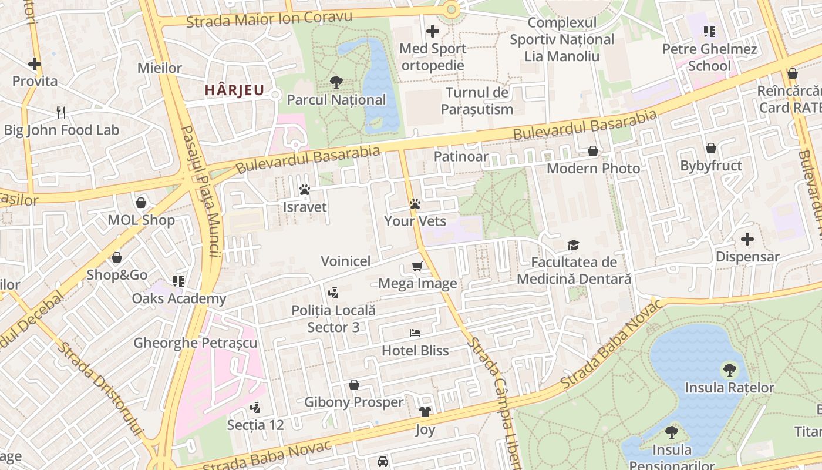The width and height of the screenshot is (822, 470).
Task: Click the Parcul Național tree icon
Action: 336,82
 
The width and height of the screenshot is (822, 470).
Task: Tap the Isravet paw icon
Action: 304,190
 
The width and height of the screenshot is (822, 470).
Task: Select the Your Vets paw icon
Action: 415,204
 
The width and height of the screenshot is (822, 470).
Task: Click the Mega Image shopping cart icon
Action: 417,267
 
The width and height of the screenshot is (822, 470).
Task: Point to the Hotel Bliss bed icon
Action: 415,333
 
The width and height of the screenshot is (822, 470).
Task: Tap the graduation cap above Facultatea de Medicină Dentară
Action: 573,245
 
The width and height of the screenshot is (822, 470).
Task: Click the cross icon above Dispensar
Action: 747,239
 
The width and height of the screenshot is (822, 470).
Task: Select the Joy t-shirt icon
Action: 425,412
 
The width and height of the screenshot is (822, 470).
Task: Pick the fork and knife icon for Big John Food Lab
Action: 61,112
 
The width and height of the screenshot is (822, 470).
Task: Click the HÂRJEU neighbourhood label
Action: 234,90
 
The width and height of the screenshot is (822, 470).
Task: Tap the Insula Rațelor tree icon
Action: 729,370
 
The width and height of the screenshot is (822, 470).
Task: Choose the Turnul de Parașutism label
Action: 477,100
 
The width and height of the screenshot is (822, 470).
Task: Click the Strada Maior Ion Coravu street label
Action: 269,19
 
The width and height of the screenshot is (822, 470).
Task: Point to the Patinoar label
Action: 461,156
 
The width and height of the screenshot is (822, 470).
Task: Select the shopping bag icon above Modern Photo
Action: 593,151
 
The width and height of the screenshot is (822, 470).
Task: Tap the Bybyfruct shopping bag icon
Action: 710,148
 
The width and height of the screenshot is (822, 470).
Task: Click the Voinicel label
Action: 345,261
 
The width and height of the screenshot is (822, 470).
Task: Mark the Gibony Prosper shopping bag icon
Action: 354,385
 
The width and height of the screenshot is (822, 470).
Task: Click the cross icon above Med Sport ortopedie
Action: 433,31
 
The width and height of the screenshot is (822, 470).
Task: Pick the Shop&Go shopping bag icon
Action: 117,257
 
